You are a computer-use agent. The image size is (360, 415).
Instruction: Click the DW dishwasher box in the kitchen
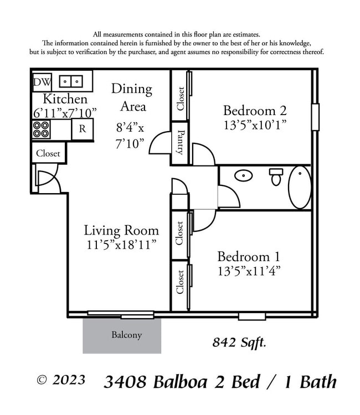(x=41, y=82)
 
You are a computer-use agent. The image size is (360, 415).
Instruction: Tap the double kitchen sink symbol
(x=70, y=81)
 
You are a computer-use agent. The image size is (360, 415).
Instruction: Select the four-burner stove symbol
(x=41, y=129)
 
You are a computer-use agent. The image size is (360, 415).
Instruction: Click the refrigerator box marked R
(x=82, y=129)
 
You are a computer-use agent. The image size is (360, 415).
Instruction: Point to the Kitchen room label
(x=65, y=99)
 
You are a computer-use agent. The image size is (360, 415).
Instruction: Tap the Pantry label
(x=180, y=142)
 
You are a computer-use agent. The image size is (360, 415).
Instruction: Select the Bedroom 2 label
(x=255, y=110)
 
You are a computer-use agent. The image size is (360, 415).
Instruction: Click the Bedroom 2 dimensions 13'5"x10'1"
(x=255, y=124)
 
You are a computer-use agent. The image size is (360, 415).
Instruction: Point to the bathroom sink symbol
(x=243, y=176)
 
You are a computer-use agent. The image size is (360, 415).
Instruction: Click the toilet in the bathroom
(x=276, y=177)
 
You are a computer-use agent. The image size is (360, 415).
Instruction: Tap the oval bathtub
(x=300, y=187)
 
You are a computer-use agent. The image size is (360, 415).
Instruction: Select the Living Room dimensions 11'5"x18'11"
(x=121, y=244)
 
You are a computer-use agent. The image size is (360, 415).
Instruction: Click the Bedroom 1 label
(x=249, y=257)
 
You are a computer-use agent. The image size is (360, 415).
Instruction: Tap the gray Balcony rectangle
(x=122, y=335)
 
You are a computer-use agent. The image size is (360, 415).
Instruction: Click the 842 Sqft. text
(x=239, y=343)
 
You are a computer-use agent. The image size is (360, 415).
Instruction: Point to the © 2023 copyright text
(x=61, y=380)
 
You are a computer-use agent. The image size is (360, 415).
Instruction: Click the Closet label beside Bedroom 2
(x=180, y=98)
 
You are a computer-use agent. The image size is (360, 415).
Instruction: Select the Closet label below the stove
(x=48, y=153)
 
